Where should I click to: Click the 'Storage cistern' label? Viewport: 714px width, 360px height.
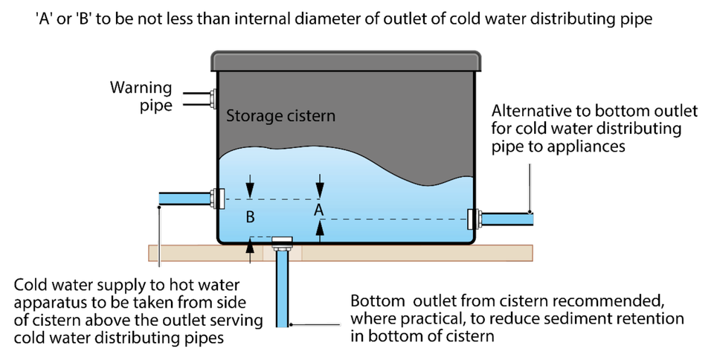point(280,116)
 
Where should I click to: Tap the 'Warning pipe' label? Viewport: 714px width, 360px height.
point(141,96)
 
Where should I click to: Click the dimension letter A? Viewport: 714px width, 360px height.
point(319,210)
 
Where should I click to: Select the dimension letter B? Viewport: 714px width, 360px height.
point(250,217)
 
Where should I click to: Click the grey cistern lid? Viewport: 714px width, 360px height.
point(346,61)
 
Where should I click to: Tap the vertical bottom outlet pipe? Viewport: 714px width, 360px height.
point(283,289)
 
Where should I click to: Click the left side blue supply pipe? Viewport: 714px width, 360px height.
point(184,199)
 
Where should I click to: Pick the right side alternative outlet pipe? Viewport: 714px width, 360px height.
point(507,219)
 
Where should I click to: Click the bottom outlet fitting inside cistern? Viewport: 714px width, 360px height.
point(282,241)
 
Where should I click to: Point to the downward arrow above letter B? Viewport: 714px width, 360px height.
point(250,187)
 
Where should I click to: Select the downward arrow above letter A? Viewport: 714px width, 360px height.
point(320,187)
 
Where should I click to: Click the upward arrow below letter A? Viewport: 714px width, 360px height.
point(320,231)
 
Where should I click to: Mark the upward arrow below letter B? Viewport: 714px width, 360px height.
point(250,250)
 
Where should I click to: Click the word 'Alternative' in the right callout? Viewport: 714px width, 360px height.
point(528,111)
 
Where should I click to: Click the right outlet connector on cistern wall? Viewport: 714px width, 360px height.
point(475,219)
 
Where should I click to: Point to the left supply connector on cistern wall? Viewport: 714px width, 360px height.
point(217,199)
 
